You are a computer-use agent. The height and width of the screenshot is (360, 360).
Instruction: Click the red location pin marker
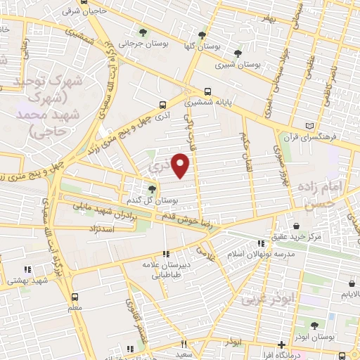(181, 165)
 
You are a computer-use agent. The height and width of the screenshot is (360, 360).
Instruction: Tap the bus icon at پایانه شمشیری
(207, 91)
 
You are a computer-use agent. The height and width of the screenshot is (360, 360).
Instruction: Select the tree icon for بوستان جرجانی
(144, 32)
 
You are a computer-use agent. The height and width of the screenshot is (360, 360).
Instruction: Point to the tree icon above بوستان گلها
(202, 35)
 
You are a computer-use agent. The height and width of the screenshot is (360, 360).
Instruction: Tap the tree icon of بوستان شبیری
(238, 53)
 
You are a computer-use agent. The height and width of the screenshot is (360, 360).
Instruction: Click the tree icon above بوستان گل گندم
(151, 188)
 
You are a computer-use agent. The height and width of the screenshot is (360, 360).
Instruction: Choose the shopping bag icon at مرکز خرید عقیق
(296, 226)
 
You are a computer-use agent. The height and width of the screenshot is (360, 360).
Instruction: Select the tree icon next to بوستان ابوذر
(313, 325)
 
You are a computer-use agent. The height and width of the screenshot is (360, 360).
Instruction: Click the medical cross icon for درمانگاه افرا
(281, 345)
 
